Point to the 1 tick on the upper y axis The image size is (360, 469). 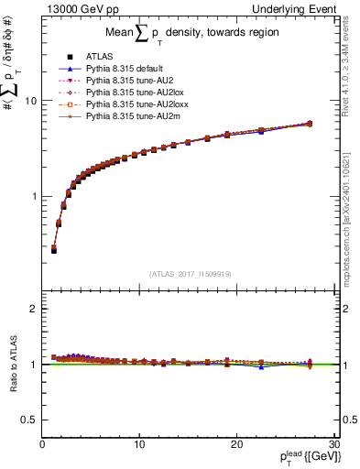pyautogui.click(x=35, y=197)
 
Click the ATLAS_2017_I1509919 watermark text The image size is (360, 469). pyautogui.click(x=191, y=273)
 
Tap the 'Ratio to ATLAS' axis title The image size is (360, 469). pyautogui.click(x=12, y=365)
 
